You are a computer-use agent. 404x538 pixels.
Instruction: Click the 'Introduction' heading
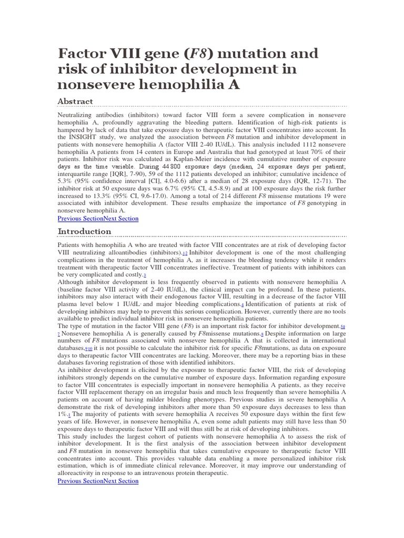(84, 232)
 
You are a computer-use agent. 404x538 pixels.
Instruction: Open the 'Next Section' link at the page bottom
(120, 481)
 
